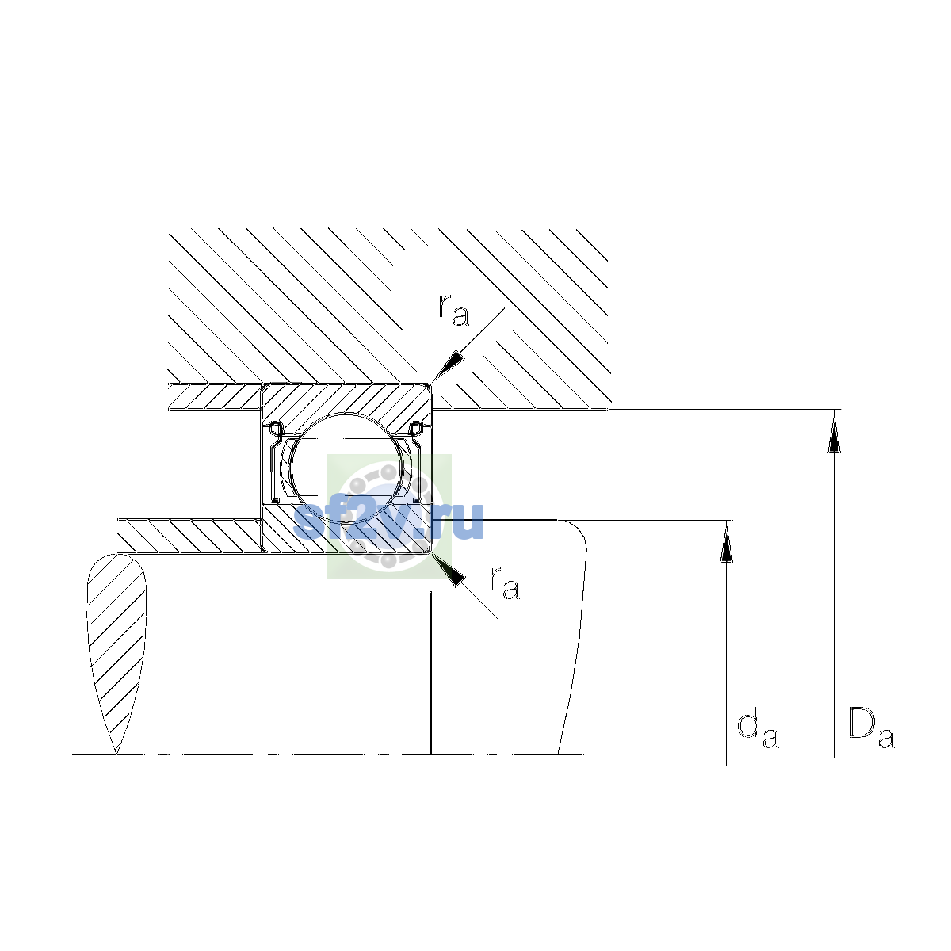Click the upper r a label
(453, 310)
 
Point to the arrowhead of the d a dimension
(726, 542)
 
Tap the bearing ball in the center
(347, 468)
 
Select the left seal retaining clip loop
(275, 429)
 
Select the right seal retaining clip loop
(418, 429)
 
